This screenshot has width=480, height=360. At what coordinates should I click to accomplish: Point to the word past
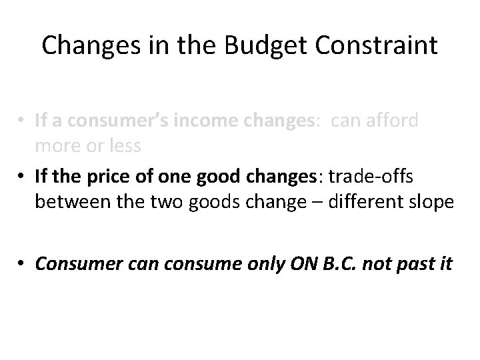[417, 263]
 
